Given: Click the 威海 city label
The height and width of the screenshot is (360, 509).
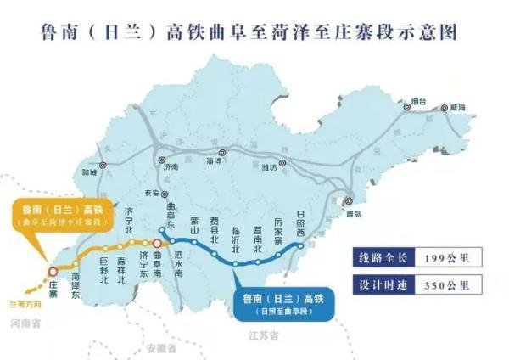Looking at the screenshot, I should tap(459, 108).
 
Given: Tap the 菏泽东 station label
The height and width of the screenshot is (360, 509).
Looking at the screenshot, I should tap(76, 277).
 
